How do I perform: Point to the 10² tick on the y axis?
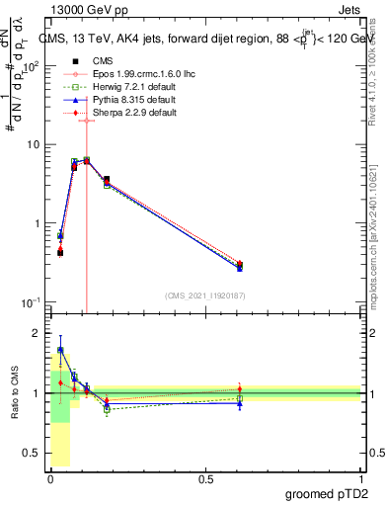[32, 66]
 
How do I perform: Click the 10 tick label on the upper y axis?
[34, 144]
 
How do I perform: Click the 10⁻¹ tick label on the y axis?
[32, 302]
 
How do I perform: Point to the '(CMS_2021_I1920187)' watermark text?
[204, 295]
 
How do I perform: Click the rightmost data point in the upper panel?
[240, 265]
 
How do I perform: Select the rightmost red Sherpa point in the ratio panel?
[240, 388]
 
